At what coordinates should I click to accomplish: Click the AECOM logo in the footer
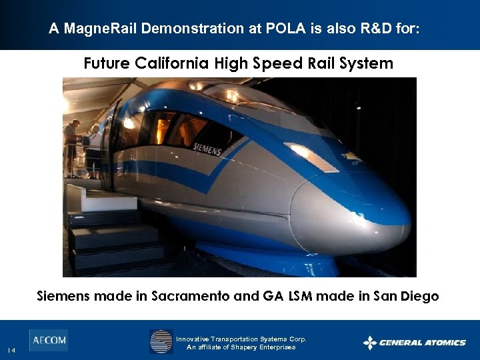pos(49,340)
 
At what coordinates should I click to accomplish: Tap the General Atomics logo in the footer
pos(414,343)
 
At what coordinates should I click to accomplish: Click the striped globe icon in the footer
pos(161,341)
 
